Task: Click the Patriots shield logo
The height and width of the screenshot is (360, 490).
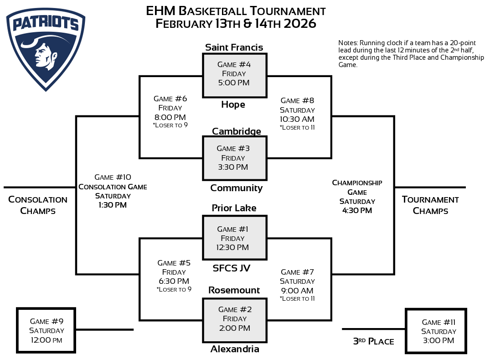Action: tap(46, 48)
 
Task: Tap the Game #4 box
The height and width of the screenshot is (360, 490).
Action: tap(234, 75)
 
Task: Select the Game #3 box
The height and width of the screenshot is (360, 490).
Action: tap(234, 158)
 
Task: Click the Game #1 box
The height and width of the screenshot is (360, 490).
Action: tap(234, 238)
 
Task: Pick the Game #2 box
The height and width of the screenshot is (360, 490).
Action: tap(234, 319)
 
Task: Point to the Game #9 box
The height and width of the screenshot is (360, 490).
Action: tap(46, 330)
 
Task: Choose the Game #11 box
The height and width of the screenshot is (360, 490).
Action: tap(436, 331)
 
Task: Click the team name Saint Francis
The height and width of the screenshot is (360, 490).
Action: tap(234, 47)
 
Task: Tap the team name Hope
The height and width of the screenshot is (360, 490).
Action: tap(233, 104)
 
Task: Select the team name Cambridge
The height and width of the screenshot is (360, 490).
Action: tap(237, 131)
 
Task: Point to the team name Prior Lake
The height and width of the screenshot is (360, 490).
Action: tap(234, 208)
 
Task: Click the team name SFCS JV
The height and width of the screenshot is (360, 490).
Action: tap(232, 268)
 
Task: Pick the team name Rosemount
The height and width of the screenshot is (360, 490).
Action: tap(234, 290)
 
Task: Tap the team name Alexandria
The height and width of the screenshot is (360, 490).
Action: tap(235, 349)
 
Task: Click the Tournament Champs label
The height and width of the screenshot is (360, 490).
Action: tap(430, 205)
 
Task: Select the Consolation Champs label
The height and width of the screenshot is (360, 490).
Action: tap(38, 205)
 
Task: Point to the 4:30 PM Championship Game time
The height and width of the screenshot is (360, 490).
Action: tap(357, 210)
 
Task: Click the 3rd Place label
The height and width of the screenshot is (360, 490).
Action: tap(373, 341)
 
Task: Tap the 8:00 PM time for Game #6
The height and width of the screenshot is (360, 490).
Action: tap(170, 117)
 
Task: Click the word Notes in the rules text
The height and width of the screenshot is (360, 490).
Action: tap(347, 43)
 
